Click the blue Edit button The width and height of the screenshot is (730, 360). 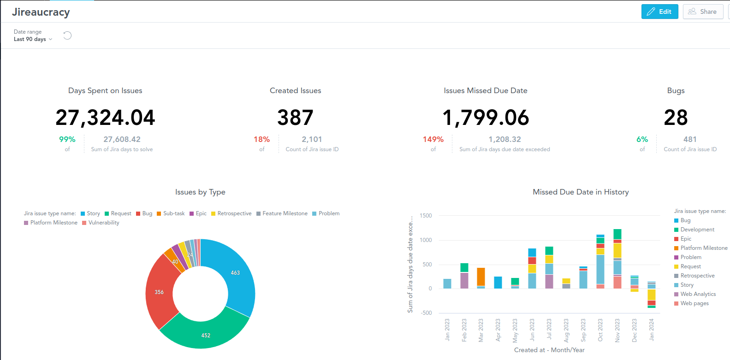coord(659,12)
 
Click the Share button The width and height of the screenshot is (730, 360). coord(703,12)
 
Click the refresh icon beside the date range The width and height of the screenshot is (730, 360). coord(67,35)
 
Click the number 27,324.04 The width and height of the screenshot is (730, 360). coord(105,118)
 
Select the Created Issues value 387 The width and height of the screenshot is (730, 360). coord(295,118)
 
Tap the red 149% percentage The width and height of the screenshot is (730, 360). coord(433,139)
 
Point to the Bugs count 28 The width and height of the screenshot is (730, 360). coord(676,118)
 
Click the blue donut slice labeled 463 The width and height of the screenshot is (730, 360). coord(235,273)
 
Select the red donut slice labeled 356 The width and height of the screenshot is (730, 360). coord(159,292)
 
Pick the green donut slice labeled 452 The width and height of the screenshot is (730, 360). coord(206,335)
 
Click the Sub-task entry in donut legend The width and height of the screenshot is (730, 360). coord(173,213)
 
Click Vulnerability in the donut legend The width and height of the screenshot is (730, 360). coord(103,223)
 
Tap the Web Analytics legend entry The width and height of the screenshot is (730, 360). coord(698,294)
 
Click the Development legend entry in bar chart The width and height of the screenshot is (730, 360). coord(697,230)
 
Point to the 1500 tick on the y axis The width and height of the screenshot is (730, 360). coord(426,216)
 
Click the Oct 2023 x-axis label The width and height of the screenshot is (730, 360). coord(600,330)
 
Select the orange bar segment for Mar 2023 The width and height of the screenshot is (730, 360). coord(481,277)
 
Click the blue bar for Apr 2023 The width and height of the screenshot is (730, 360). coord(498,283)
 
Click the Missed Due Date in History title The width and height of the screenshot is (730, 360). coord(581,192)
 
